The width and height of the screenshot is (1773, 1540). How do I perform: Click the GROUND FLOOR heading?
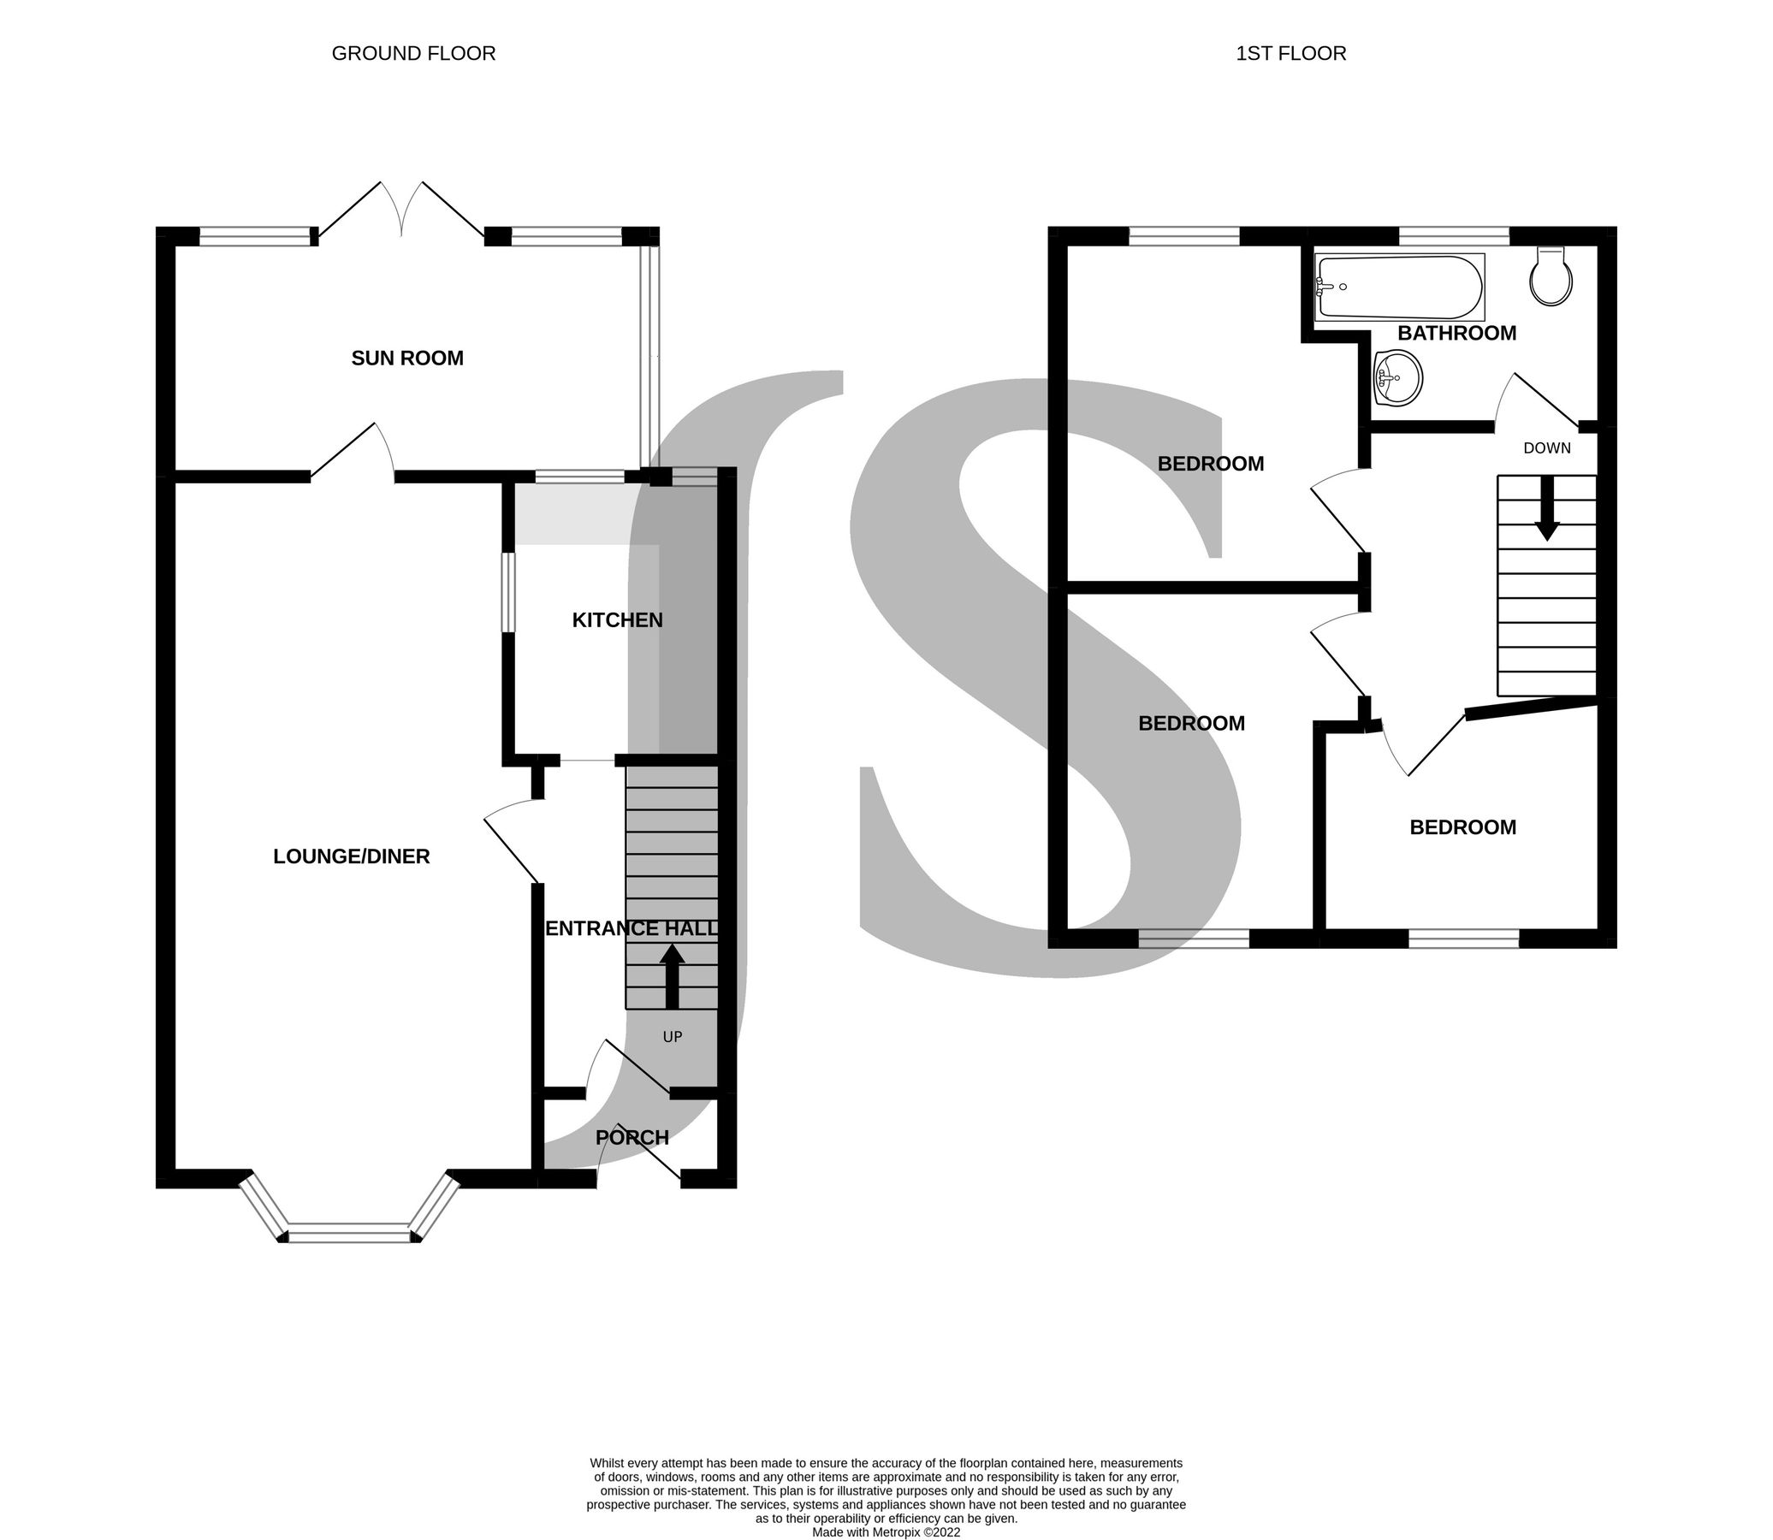click(x=413, y=53)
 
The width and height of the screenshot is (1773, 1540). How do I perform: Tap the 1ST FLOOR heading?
click(x=1290, y=53)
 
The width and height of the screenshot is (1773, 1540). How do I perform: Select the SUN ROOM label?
click(x=407, y=358)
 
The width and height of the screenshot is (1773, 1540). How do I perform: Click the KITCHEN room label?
click(x=617, y=619)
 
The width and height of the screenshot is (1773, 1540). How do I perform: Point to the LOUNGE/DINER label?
click(x=352, y=856)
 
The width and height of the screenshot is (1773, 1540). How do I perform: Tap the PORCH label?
click(x=632, y=1137)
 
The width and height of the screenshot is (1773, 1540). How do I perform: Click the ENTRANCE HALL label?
click(x=632, y=928)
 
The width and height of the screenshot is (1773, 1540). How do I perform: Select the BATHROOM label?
click(x=1456, y=334)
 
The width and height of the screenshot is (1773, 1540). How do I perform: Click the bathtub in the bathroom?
click(x=1399, y=287)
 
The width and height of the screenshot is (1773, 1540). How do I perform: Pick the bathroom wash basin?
click(x=1398, y=378)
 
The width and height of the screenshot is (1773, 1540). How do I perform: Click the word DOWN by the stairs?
click(x=1546, y=447)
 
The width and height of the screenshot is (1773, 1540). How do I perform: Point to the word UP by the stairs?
click(x=672, y=1037)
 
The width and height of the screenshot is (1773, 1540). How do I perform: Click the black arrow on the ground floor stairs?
click(x=671, y=975)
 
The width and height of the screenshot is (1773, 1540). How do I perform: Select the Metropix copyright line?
click(x=886, y=1531)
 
